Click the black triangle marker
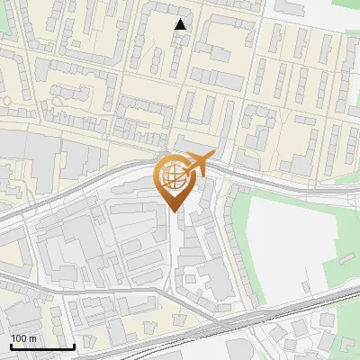click(181, 24)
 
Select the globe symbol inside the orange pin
click(174, 175)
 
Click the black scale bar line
click(42, 347)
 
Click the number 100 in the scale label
click(19, 338)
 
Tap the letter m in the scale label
click(32, 338)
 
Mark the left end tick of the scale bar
click(11, 346)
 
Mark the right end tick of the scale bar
click(74, 346)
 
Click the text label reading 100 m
click(23, 338)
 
